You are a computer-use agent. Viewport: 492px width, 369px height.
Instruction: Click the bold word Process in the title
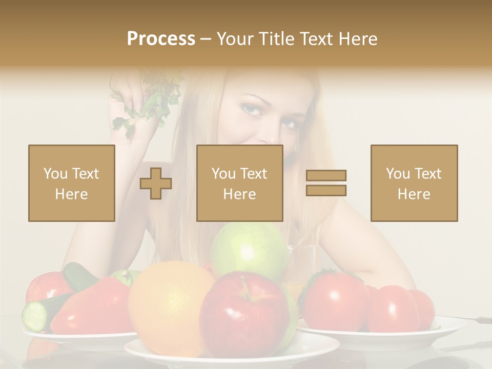coord(161,38)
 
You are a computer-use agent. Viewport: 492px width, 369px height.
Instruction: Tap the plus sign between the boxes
coord(156,183)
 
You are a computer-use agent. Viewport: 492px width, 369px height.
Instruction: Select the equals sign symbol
coord(326,183)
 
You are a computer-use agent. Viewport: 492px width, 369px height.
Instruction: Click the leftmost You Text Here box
coord(72,183)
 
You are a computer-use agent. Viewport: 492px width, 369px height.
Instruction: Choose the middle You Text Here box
coord(240,183)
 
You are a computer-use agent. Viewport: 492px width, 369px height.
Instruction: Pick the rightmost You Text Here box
coord(414,183)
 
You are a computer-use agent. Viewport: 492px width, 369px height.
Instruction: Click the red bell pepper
coord(92,307)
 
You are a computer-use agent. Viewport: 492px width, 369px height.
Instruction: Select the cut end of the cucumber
coord(35,316)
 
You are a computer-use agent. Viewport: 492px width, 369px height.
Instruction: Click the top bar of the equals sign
coord(326,175)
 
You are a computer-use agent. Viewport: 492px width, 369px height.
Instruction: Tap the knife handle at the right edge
coord(479,320)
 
